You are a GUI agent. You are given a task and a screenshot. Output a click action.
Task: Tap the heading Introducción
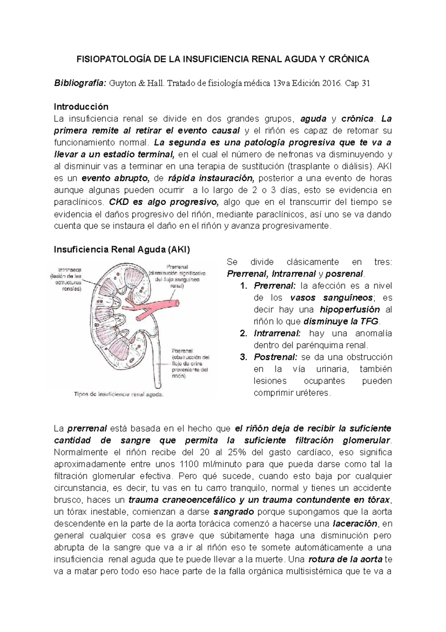pos(81,107)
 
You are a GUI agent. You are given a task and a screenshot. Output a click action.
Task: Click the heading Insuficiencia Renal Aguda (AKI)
pos(122,250)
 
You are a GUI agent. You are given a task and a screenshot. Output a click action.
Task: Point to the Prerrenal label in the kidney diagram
pos(177,267)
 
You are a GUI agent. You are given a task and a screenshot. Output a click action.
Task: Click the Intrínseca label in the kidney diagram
pos(70,270)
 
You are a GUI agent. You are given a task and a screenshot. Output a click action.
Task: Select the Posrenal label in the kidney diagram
pos(182,351)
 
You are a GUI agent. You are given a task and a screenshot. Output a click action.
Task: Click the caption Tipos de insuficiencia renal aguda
pos(119,394)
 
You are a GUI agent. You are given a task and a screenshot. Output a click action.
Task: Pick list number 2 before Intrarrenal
pos(243,333)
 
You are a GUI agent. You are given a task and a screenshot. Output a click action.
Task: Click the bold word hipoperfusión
pos(350,310)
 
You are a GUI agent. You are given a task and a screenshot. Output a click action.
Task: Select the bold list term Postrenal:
pos(275,357)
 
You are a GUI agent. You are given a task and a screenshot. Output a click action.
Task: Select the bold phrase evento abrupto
pos(115,178)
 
